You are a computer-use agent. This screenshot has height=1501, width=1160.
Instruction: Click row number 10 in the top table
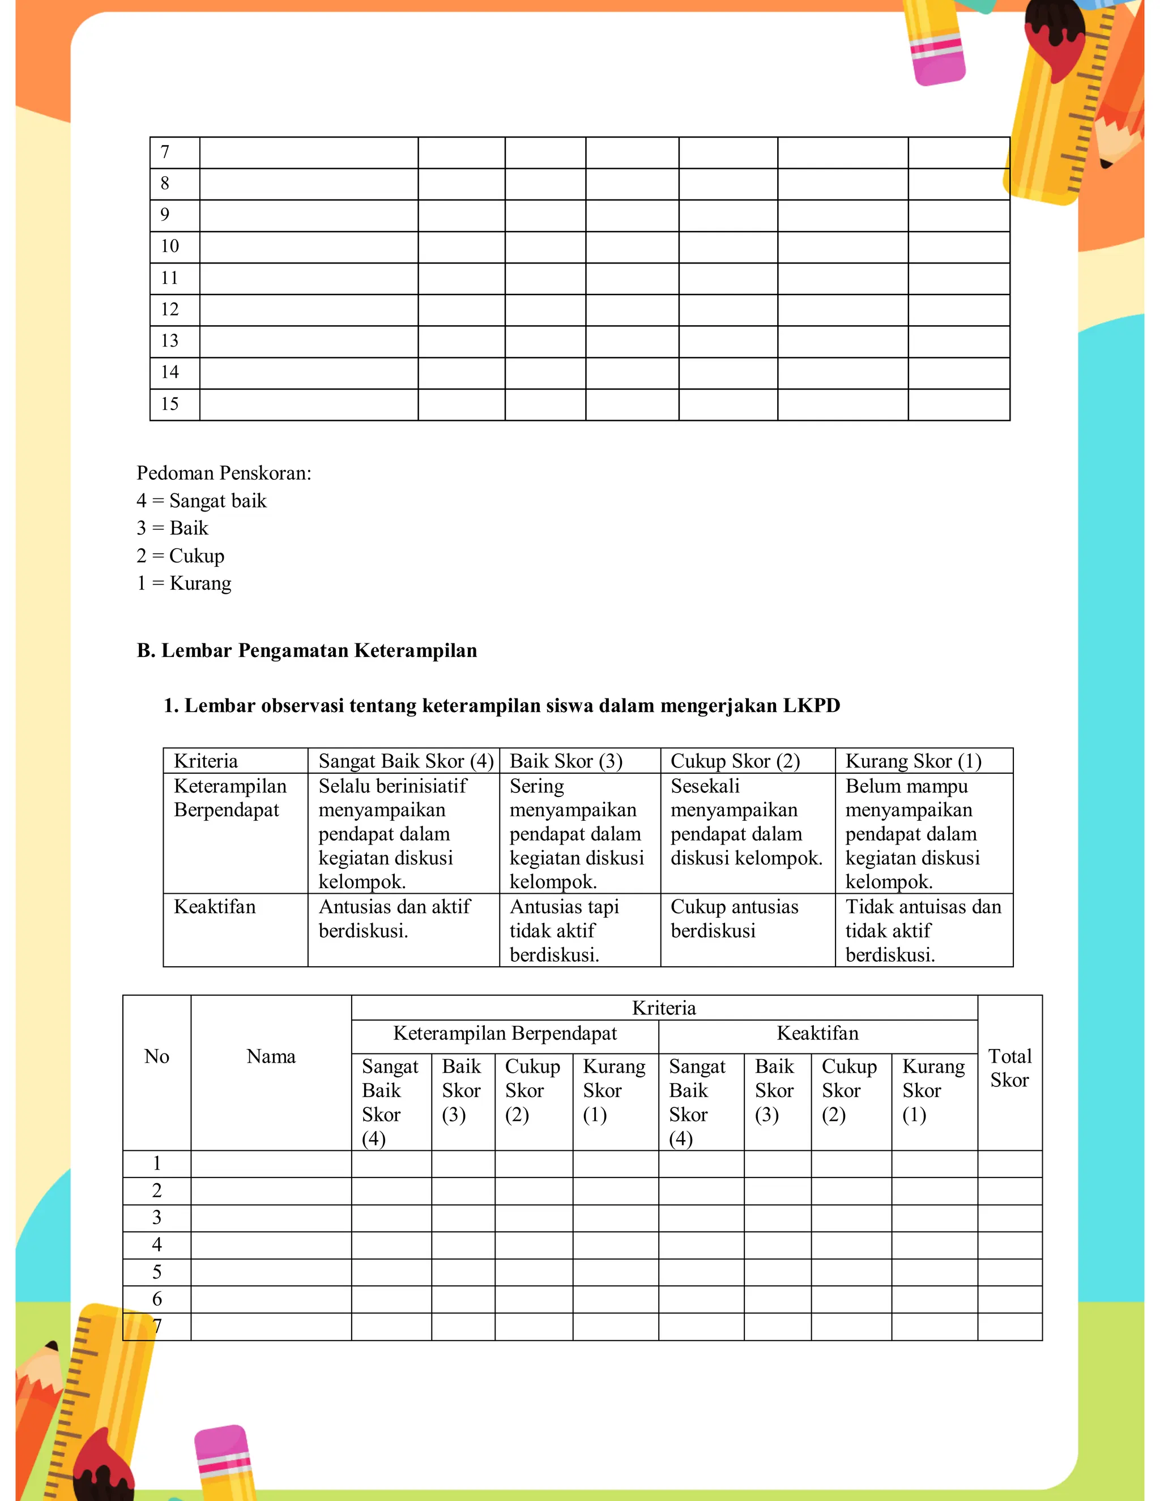point(170,246)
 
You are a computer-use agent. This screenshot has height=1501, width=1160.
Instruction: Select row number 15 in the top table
point(170,404)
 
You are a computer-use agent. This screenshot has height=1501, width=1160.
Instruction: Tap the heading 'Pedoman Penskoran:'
point(224,473)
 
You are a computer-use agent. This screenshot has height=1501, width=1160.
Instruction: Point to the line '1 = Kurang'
point(184,583)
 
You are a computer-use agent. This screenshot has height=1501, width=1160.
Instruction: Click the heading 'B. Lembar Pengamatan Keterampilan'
point(306,650)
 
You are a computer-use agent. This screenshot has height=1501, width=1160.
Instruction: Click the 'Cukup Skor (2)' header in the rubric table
point(735,761)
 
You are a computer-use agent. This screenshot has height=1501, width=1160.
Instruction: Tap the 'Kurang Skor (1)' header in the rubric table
point(912,761)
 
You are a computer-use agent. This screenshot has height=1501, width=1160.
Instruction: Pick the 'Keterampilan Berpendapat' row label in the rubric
point(229,798)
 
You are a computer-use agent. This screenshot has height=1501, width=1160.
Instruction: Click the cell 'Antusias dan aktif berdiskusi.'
point(394,919)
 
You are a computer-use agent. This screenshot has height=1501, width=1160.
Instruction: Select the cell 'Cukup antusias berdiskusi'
point(734,919)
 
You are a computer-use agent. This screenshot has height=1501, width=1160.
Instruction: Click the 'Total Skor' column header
point(1009,1068)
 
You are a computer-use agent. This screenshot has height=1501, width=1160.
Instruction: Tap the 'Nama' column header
point(271,1056)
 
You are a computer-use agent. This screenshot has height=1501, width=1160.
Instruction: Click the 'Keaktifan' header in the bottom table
point(817,1033)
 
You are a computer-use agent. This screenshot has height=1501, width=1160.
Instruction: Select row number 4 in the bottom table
point(157,1244)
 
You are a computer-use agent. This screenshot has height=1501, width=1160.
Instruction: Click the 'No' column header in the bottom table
point(157,1056)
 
